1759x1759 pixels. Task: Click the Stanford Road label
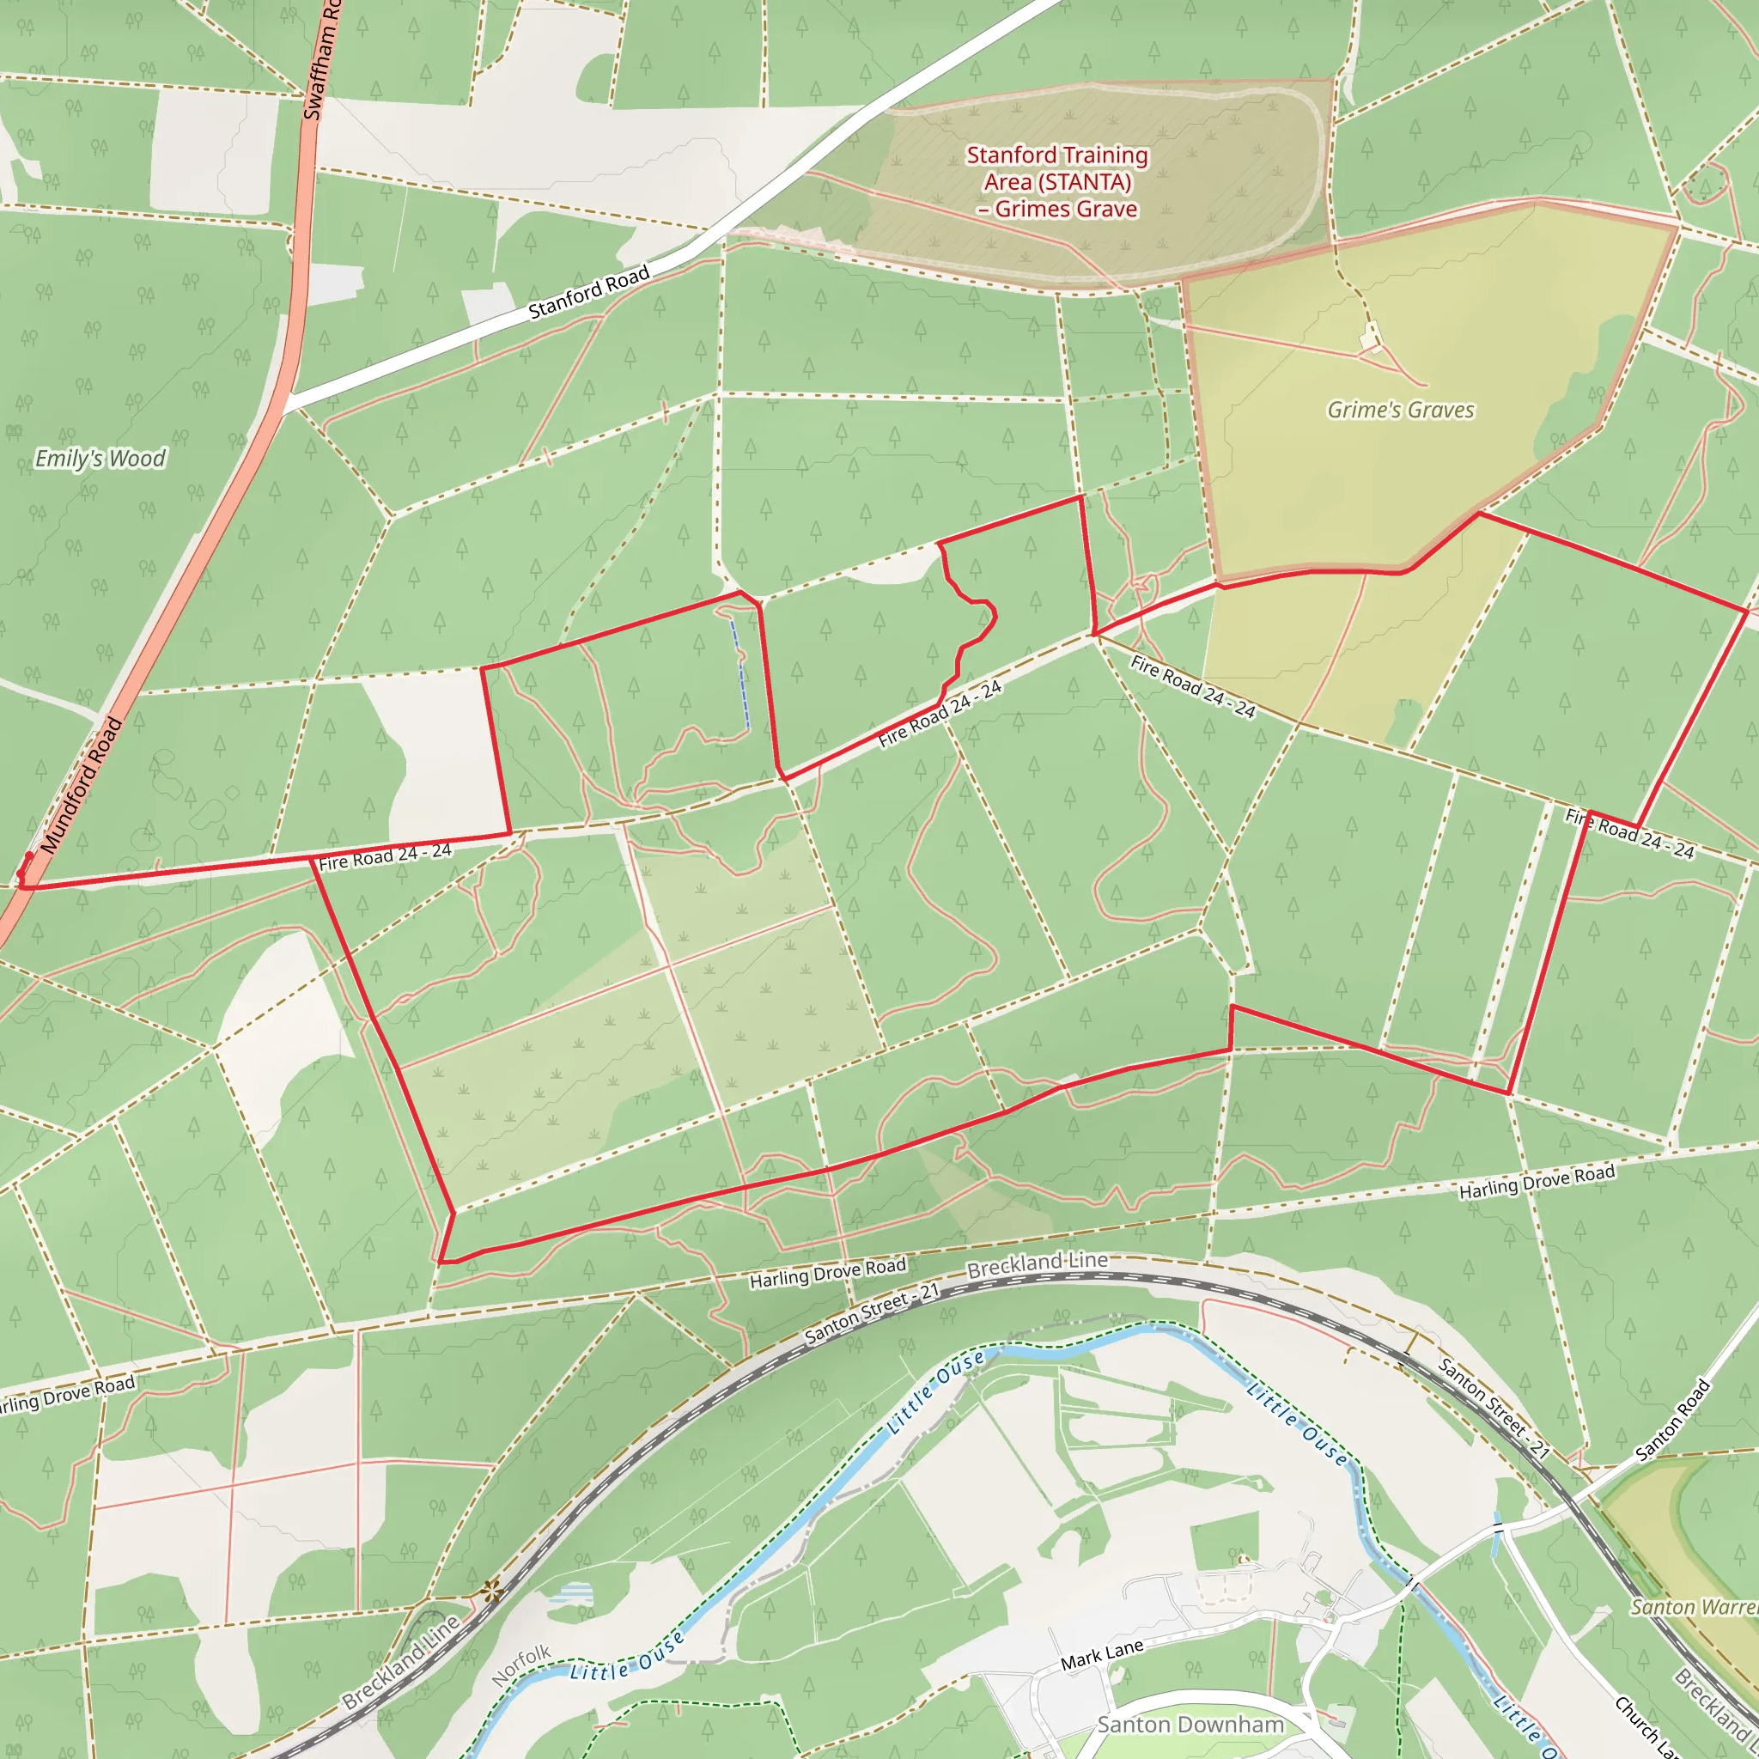(588, 292)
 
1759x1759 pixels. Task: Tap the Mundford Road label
(81, 785)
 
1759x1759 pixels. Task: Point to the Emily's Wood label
(100, 458)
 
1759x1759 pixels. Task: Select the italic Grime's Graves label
(1400, 410)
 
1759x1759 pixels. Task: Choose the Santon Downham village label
(1190, 1725)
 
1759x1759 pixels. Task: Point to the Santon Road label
(1672, 1421)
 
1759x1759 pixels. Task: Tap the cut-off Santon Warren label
(1694, 1607)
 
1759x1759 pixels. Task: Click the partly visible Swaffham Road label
(320, 59)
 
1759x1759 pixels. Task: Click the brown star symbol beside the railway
(491, 1592)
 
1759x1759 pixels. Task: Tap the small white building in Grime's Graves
(1370, 340)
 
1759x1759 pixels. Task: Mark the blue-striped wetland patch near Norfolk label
(571, 1593)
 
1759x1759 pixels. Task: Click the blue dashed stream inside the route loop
(740, 673)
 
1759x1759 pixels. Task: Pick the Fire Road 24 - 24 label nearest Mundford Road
(384, 855)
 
